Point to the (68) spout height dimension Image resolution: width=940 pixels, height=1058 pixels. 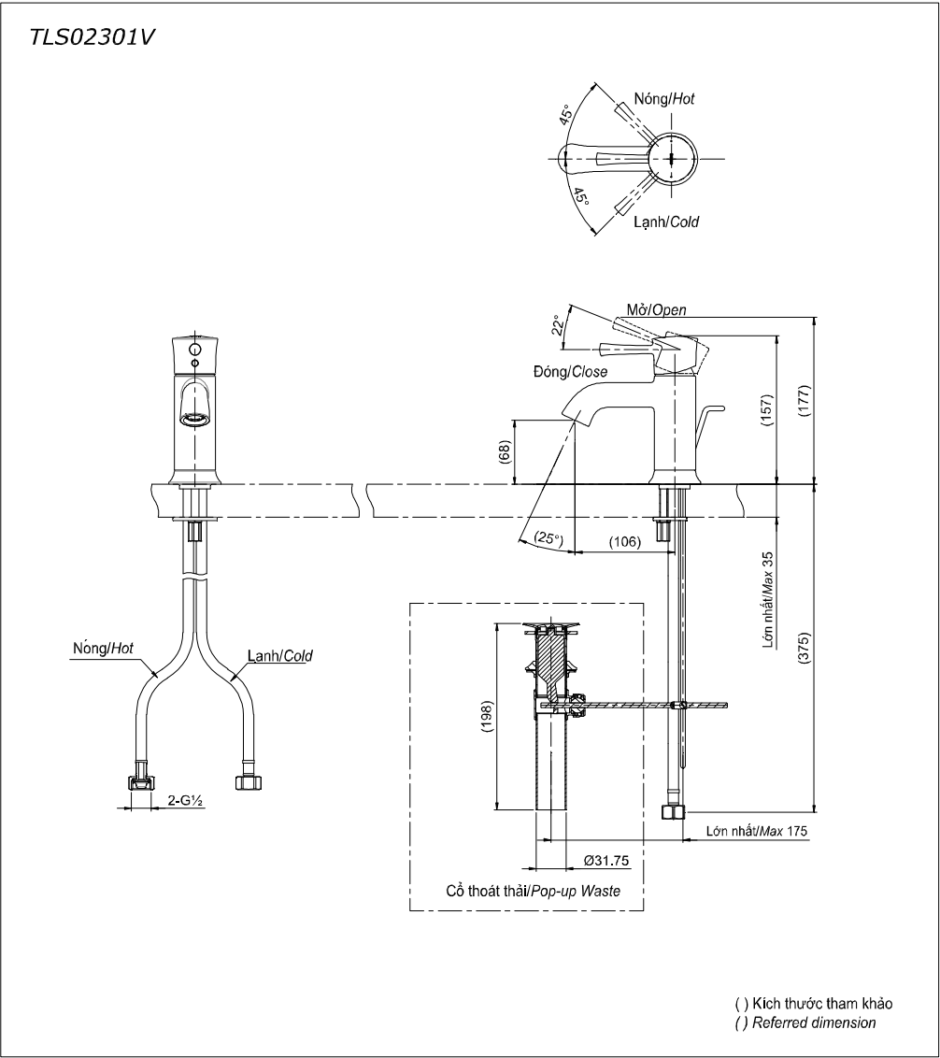pyautogui.click(x=504, y=452)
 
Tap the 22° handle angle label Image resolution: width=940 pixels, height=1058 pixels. pyautogui.click(x=558, y=323)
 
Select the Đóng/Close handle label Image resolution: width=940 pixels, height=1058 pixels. pyautogui.click(x=570, y=372)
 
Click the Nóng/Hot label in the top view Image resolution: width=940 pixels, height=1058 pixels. pyautogui.click(x=663, y=97)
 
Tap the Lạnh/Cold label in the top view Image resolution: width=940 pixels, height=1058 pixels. pyautogui.click(x=666, y=222)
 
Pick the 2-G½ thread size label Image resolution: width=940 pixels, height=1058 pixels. pyautogui.click(x=187, y=800)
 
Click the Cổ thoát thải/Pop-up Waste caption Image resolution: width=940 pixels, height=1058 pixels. pyautogui.click(x=525, y=892)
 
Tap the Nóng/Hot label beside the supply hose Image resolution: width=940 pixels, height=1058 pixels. pyautogui.click(x=104, y=647)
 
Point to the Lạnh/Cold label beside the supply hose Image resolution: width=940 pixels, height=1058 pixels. pyautogui.click(x=280, y=656)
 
